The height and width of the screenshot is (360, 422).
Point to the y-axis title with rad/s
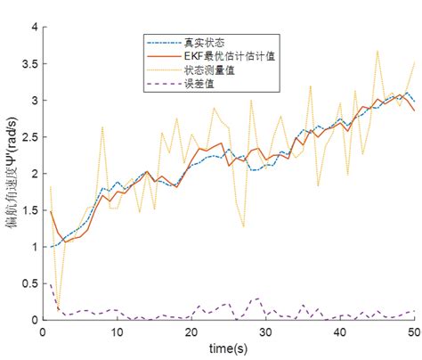coord(14,174)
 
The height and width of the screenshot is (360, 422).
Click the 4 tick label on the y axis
coord(35,28)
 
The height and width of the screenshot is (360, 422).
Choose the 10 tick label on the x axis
coord(118,331)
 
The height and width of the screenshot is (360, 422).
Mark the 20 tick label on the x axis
coord(191,331)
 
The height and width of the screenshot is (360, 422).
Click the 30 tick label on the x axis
coord(265,331)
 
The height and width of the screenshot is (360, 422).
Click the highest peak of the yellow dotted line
coord(377,51)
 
